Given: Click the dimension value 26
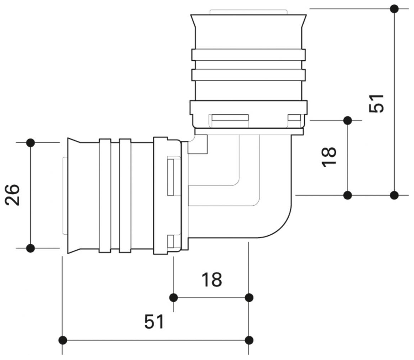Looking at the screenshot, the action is [12, 195].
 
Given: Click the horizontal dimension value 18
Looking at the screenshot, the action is [212, 280].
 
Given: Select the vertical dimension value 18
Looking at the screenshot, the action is [329, 157].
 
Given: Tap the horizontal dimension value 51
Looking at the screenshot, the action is [154, 321].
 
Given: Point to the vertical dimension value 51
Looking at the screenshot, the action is [376, 103].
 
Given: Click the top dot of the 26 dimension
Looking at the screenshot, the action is [31, 143].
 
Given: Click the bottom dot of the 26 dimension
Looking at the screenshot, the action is [31, 248].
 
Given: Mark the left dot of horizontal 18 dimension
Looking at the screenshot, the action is [174, 298].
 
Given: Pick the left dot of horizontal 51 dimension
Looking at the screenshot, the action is [63, 340].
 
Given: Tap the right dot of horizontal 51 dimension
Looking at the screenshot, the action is [249, 340].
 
